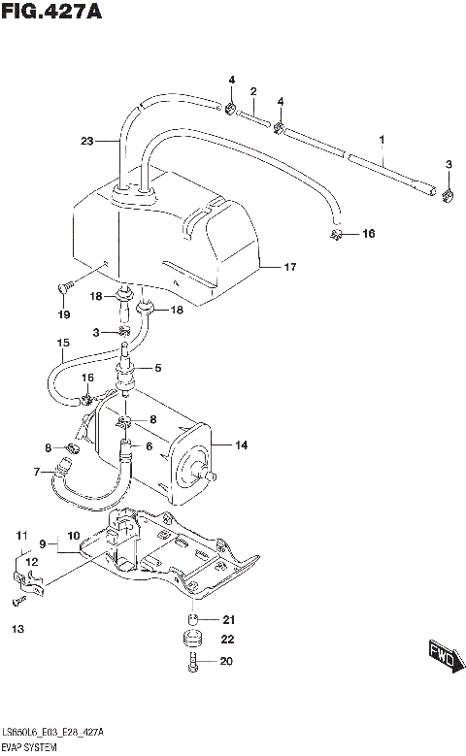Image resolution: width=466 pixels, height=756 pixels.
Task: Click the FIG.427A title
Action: pyautogui.click(x=50, y=13)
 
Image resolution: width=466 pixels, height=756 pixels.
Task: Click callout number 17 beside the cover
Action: pyautogui.click(x=289, y=266)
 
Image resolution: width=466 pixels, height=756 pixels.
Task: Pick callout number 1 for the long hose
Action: pyautogui.click(x=383, y=141)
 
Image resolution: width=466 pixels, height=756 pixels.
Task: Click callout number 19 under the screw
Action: pyautogui.click(x=63, y=314)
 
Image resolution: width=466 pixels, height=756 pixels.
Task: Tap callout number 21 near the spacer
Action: pyautogui.click(x=229, y=619)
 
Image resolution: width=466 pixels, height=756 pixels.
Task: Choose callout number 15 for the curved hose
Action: pyautogui.click(x=63, y=344)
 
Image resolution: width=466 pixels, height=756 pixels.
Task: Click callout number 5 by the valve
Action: pyautogui.click(x=157, y=368)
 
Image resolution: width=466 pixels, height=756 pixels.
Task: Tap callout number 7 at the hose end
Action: pyautogui.click(x=37, y=473)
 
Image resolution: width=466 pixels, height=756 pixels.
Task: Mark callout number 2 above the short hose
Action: pyautogui.click(x=253, y=92)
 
